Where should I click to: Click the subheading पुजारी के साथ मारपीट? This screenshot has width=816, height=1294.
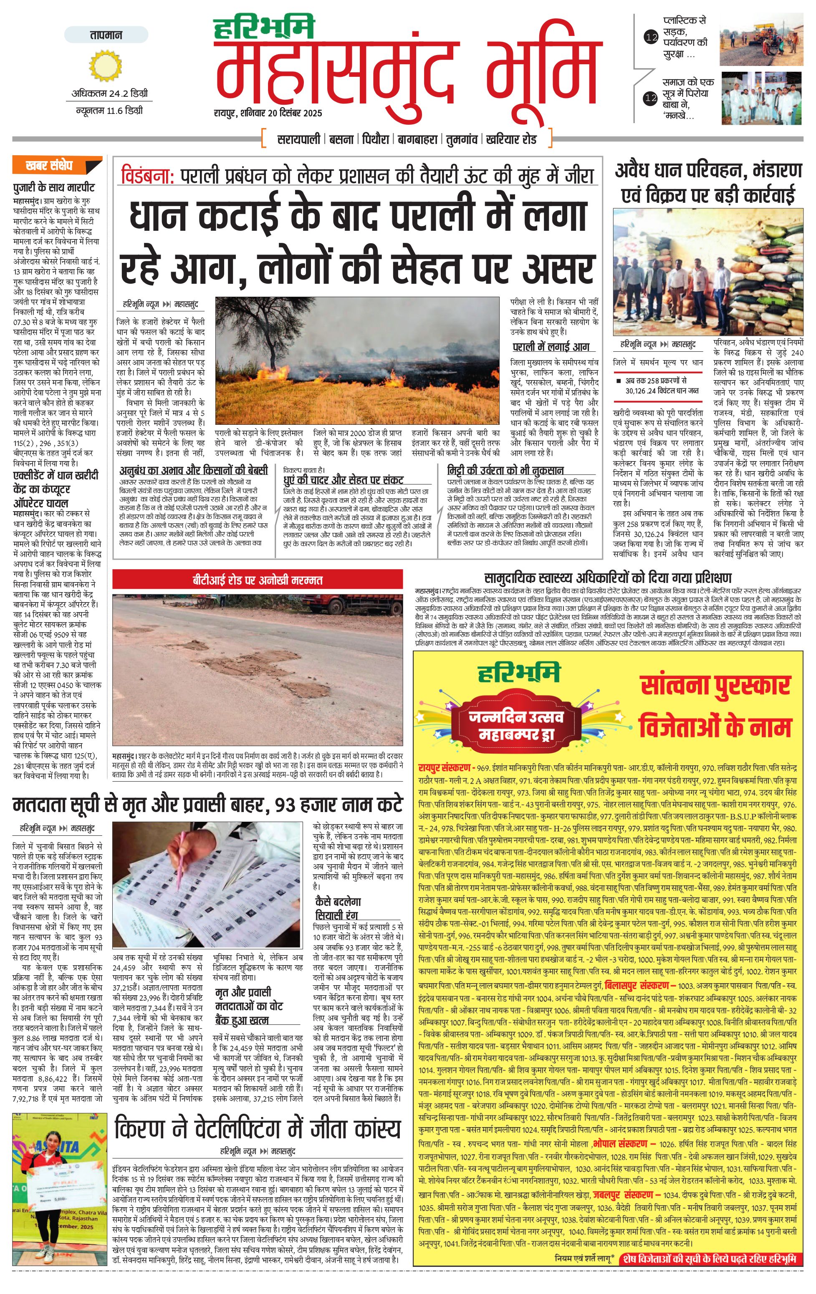(x=54, y=187)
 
